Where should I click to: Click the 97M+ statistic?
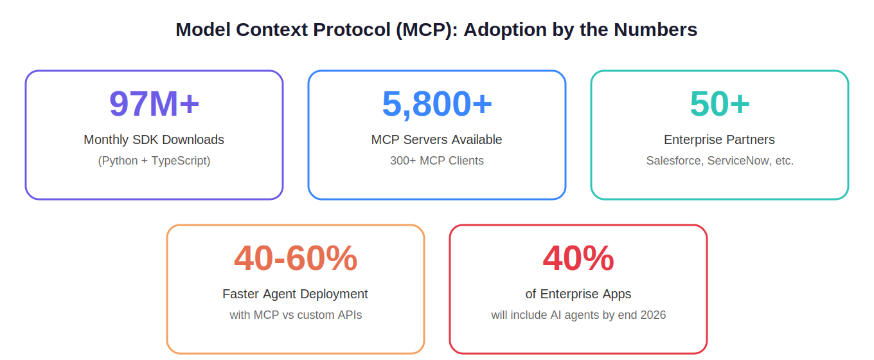pyautogui.click(x=154, y=104)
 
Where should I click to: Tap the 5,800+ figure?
pyautogui.click(x=437, y=104)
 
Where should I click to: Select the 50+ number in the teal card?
pyautogui.click(x=720, y=104)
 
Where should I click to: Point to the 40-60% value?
pyautogui.click(x=296, y=258)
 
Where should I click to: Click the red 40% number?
pyautogui.click(x=578, y=258)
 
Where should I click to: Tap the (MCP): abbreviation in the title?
pyautogui.click(x=427, y=30)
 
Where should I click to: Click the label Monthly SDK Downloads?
pyautogui.click(x=154, y=139)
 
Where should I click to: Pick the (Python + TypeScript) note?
pyautogui.click(x=154, y=161)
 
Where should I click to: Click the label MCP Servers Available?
pyautogui.click(x=436, y=139)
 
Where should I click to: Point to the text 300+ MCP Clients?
pyautogui.click(x=437, y=161)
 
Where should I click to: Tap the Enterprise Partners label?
pyautogui.click(x=720, y=139)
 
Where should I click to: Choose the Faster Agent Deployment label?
pyautogui.click(x=295, y=294)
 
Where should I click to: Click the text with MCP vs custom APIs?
pyautogui.click(x=296, y=315)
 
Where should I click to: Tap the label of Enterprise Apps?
pyautogui.click(x=578, y=294)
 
